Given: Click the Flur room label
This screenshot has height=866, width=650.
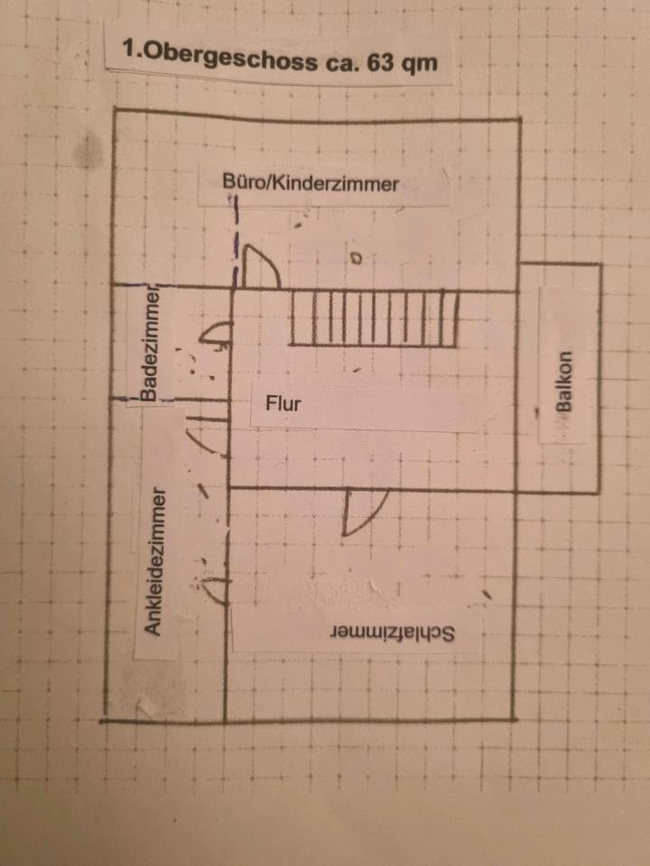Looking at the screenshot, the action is click(283, 403).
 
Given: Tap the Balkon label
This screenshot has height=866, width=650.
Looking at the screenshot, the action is click(565, 382).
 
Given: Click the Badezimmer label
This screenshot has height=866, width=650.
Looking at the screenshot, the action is click(149, 344).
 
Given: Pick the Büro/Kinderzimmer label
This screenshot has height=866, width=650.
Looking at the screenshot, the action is click(311, 184).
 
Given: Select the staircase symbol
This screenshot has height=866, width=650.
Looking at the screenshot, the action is click(372, 318).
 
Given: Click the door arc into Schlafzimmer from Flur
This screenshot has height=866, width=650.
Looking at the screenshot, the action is click(366, 511).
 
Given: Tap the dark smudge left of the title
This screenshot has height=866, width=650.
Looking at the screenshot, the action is click(89, 149).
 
